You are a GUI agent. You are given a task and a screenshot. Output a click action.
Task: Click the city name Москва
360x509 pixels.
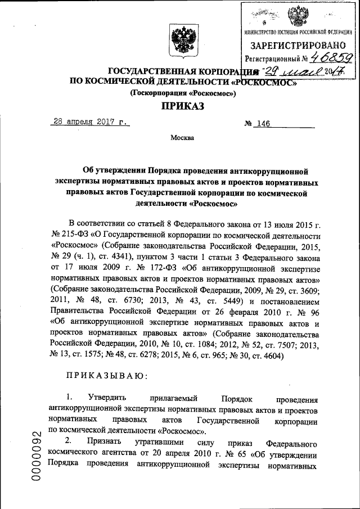[182, 138]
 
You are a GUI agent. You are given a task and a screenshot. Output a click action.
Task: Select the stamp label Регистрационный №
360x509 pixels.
[274, 58]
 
